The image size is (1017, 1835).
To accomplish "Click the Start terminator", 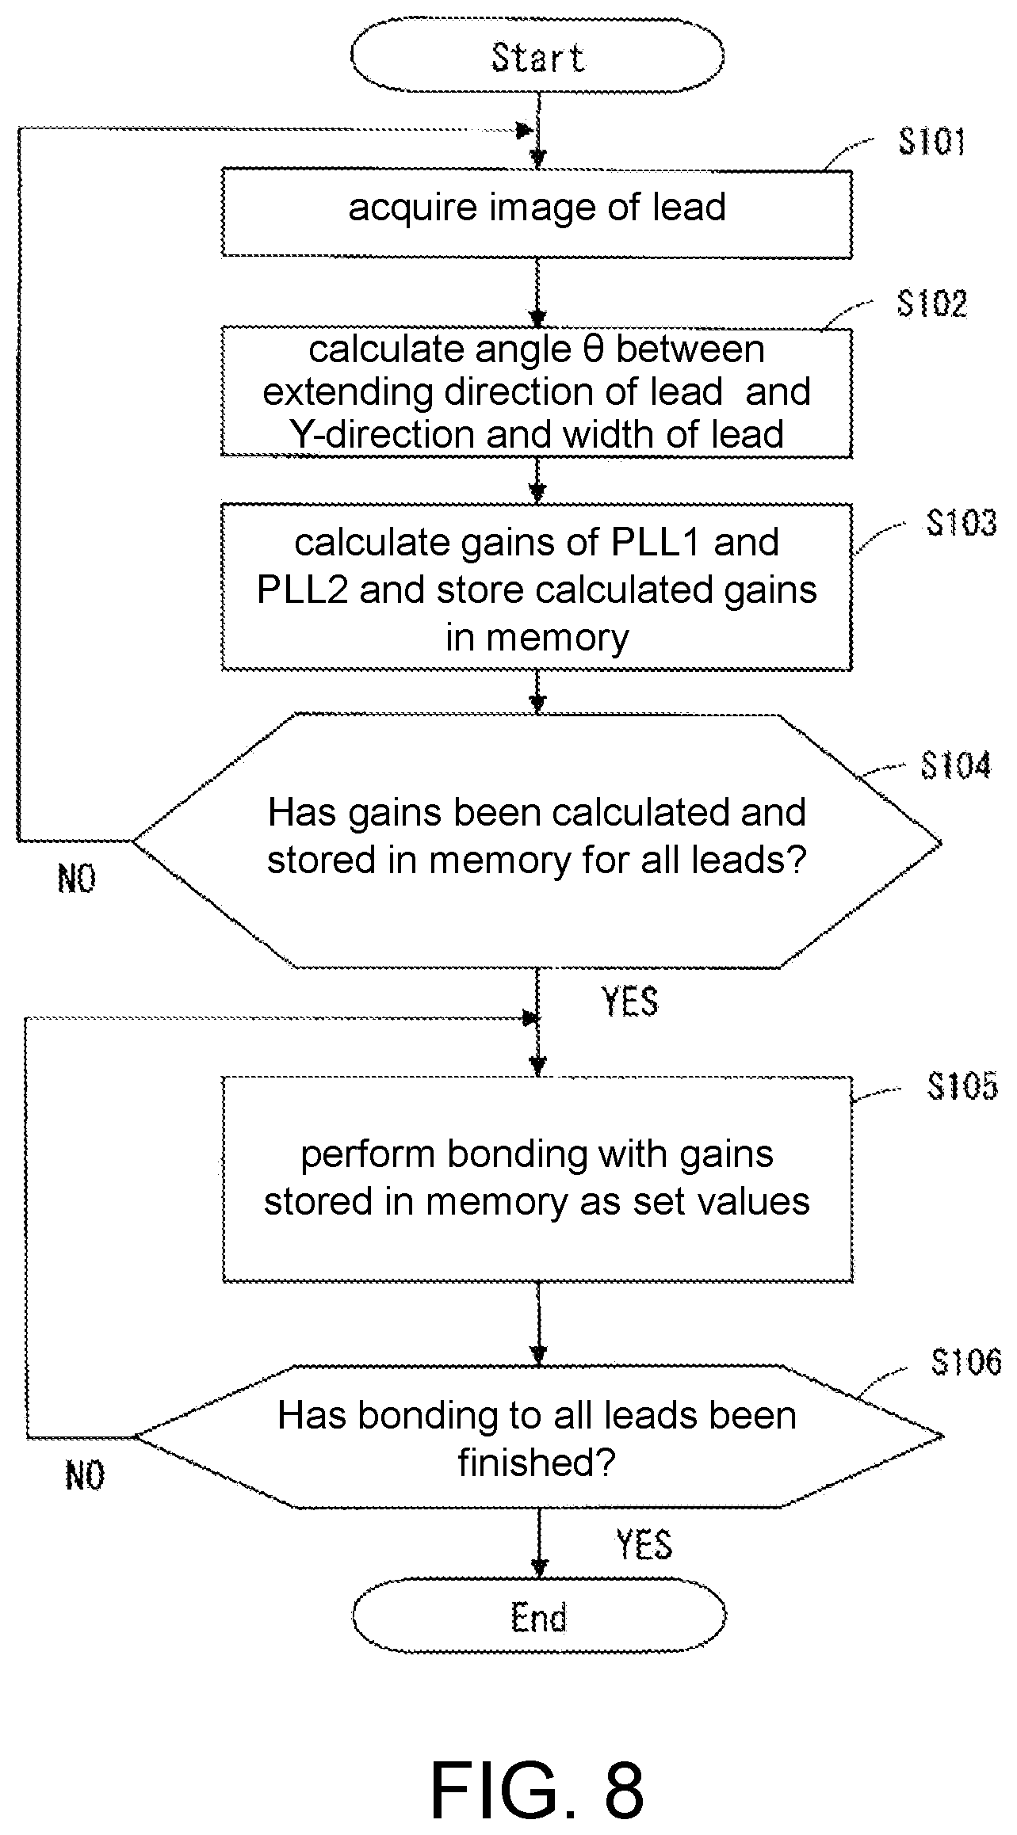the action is coord(537,57).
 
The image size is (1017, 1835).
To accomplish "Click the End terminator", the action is coord(539,1617).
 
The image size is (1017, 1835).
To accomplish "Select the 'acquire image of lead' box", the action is coord(537,212).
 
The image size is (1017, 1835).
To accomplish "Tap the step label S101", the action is coord(931,143).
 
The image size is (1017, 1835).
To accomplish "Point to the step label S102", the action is coord(931,303).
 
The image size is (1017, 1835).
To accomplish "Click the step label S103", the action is coord(962,523).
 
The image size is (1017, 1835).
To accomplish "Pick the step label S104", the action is coord(955,766).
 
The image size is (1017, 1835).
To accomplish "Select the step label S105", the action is coord(962,1086).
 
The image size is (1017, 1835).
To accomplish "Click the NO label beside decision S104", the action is coord(77,879).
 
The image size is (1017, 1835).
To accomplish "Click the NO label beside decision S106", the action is coord(84,1475).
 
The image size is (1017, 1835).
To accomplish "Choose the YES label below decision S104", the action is coord(630,1002).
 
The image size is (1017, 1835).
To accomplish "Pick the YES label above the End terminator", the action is coord(644,1544).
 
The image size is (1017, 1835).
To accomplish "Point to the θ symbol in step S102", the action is coord(593,349).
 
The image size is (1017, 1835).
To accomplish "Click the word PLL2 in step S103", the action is coord(302,590).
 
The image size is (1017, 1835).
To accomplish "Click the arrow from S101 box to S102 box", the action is coord(537,292).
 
